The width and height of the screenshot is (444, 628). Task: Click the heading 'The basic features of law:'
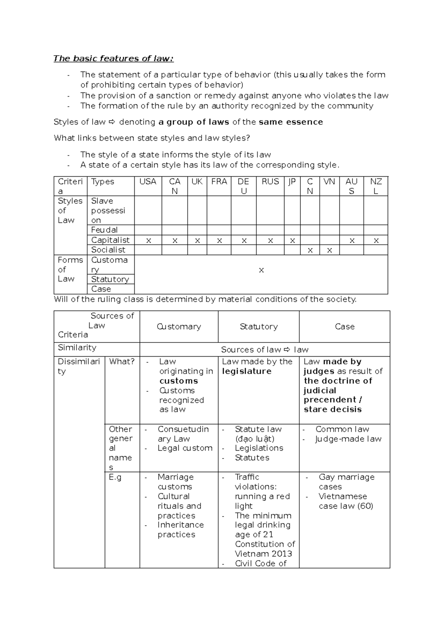click(x=113, y=59)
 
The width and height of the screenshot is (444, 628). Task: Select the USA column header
click(x=148, y=181)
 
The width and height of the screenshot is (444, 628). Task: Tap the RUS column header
click(x=270, y=181)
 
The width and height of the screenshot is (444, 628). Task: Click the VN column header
click(x=329, y=181)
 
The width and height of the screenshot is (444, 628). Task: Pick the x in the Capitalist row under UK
click(x=197, y=241)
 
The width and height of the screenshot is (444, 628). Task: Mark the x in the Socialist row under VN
click(x=329, y=251)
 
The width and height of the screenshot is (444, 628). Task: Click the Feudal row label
click(x=104, y=230)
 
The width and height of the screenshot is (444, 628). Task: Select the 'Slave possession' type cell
click(x=108, y=210)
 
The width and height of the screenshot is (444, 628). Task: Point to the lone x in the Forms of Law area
click(x=261, y=270)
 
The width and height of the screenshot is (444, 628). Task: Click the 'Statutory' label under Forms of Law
click(x=110, y=279)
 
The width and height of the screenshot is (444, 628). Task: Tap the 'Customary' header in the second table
click(x=179, y=327)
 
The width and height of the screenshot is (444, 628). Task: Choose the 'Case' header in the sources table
click(x=344, y=327)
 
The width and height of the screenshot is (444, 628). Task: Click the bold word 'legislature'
click(x=246, y=371)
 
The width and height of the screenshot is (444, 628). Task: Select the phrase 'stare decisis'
click(x=333, y=410)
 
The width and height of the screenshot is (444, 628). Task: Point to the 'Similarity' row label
click(x=77, y=348)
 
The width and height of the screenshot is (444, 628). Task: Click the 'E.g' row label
click(x=115, y=477)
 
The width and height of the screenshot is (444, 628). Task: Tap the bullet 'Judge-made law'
click(x=348, y=439)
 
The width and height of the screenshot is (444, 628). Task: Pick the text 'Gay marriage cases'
click(x=346, y=482)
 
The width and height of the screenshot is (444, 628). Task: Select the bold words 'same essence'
click(x=291, y=122)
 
